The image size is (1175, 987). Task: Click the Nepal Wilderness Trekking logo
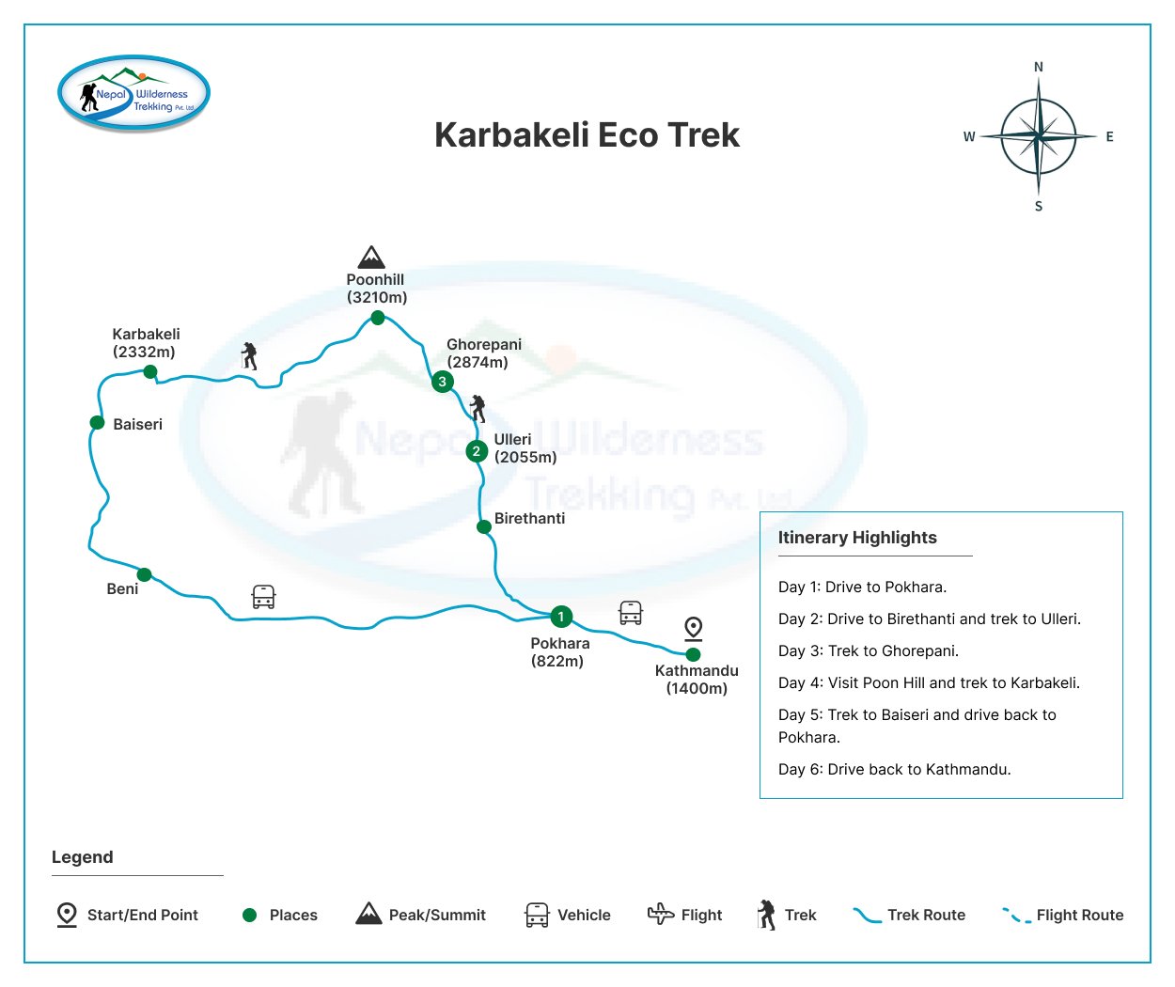[133, 93]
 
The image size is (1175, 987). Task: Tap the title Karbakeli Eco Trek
[587, 135]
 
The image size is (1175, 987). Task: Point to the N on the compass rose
[1039, 67]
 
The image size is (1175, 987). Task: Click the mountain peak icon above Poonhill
[371, 258]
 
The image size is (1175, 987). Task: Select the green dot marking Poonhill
[378, 318]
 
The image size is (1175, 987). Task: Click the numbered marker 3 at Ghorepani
[443, 382]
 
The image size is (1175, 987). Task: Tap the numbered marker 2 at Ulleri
[477, 451]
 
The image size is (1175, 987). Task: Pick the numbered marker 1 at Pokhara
[561, 617]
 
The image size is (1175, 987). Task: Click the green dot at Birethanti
[484, 527]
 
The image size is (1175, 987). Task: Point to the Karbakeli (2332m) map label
[147, 343]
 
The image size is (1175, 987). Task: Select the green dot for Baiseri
[97, 423]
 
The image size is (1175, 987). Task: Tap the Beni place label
[122, 589]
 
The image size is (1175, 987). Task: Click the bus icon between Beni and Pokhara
[263, 597]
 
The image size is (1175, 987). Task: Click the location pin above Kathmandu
[694, 629]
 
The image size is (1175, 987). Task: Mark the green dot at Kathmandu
[694, 654]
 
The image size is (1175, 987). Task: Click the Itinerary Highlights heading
[857, 538]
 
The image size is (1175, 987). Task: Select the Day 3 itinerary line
[869, 651]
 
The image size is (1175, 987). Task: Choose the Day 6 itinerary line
[895, 769]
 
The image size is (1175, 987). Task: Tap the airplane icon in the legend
[661, 914]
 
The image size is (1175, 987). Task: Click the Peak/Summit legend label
[437, 916]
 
